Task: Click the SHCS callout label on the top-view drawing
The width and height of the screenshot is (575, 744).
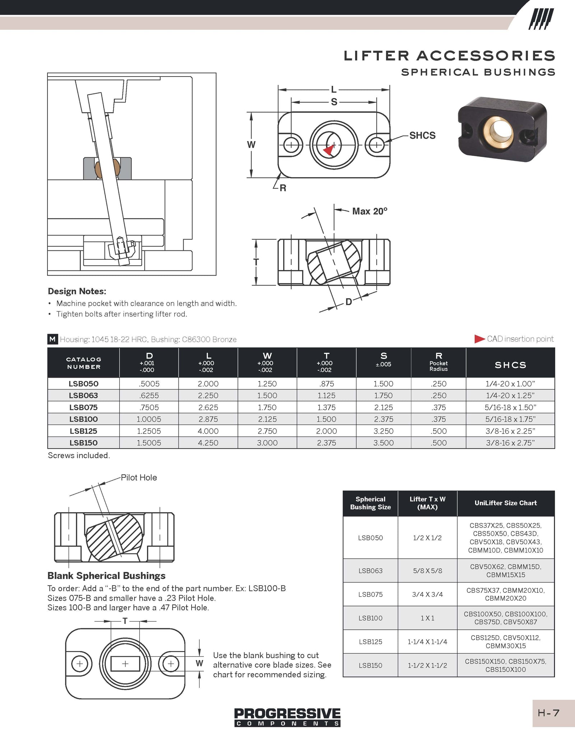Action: click(422, 135)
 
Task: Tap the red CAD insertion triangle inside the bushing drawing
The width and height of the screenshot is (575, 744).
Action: click(328, 150)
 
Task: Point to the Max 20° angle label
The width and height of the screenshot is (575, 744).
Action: click(369, 211)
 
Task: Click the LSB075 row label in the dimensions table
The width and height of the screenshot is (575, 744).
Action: click(83, 407)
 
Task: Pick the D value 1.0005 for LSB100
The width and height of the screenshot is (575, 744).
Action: click(149, 419)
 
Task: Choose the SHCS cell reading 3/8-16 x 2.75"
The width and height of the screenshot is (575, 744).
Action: click(510, 443)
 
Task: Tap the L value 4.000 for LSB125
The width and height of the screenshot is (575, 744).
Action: click(208, 431)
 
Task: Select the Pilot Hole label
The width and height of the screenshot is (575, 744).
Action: click(139, 477)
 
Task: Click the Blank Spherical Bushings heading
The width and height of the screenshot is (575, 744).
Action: click(106, 576)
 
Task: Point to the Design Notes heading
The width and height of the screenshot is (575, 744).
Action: click(77, 291)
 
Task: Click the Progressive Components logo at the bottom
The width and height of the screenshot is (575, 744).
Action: click(287, 717)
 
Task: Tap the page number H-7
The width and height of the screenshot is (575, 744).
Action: click(548, 713)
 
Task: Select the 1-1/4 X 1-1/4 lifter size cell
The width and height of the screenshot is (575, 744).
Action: click(427, 642)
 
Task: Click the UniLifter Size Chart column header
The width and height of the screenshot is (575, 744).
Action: click(506, 503)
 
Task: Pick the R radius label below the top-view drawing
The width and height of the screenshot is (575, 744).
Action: click(283, 188)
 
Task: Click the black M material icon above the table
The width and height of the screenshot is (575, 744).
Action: click(52, 339)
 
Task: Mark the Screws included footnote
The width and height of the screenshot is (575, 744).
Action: click(79, 456)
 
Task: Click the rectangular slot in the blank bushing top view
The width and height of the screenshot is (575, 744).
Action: click(125, 664)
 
